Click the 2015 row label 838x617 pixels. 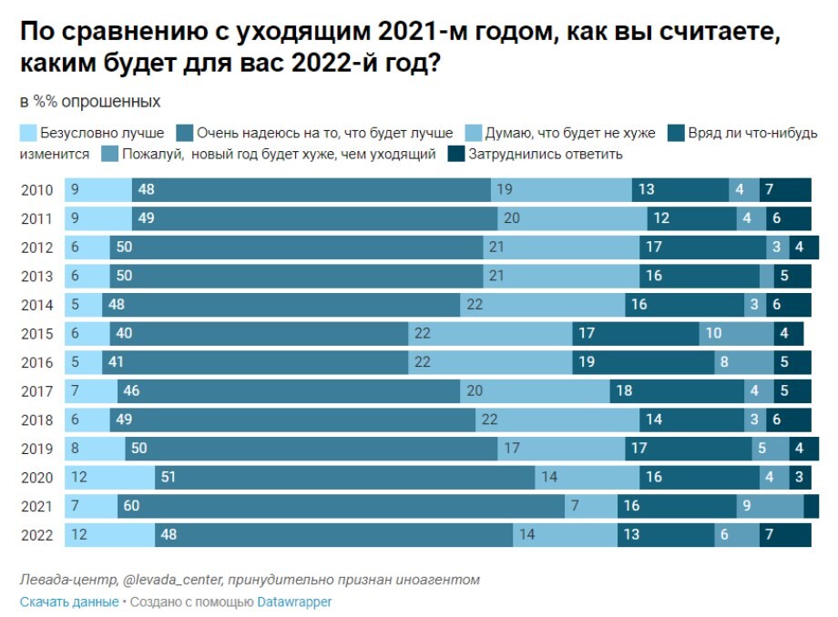tap(37, 334)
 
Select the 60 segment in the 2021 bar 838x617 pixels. tap(342, 506)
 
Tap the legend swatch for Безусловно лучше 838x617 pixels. tap(28, 133)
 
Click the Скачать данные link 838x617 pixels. tap(68, 602)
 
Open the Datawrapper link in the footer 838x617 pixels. tap(294, 602)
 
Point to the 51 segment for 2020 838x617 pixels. tap(344, 477)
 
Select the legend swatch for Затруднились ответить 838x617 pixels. tap(456, 154)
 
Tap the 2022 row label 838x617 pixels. tap(37, 535)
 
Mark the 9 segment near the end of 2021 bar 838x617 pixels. tap(770, 506)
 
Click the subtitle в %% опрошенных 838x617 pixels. tap(90, 101)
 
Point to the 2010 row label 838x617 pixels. tap(37, 190)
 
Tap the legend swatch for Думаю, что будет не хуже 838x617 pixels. tap(474, 133)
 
